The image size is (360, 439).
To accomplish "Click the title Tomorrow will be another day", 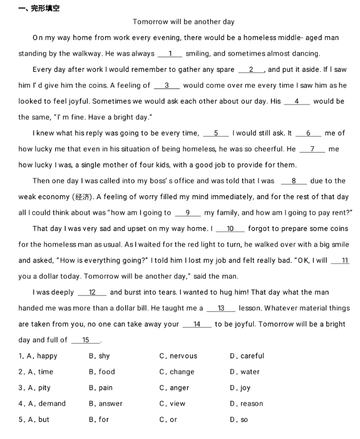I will tap(184, 22).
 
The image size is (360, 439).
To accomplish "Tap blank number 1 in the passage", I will tap(171, 54).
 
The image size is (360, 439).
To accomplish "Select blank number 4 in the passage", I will tap(297, 101).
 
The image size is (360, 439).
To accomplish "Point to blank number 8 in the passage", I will tap(294, 181).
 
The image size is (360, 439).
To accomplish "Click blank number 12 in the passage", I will tap(92, 293).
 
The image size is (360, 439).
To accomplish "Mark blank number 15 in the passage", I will tap(85, 340).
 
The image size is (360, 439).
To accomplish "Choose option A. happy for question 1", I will tap(42, 356).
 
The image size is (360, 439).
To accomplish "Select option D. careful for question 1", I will tap(246, 356).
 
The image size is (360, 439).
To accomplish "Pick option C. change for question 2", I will tap(176, 372).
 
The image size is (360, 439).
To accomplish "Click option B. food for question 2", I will tap(102, 372).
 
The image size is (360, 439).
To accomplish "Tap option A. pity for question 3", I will tap(39, 388).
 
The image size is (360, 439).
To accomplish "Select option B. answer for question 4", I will tap(106, 404).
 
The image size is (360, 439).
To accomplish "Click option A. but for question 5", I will tap(38, 420).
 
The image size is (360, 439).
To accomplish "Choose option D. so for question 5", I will tap(239, 420).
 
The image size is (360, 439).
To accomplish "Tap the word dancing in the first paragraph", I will tap(305, 54).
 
